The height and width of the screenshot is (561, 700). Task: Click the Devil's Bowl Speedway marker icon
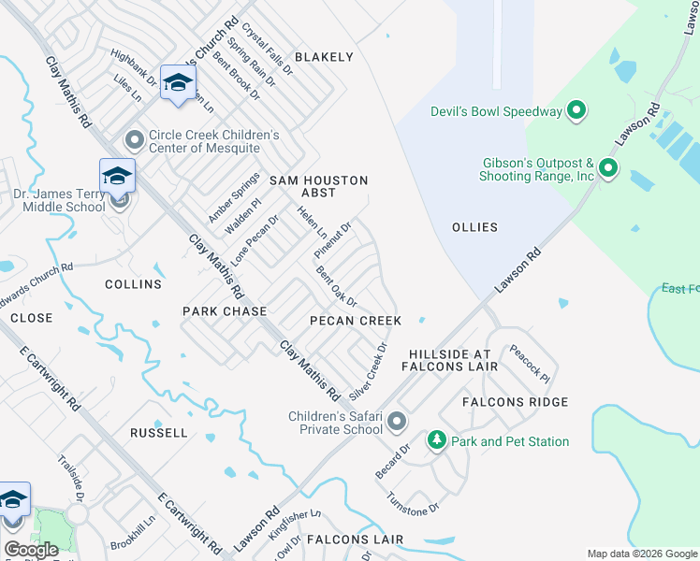pos(576,112)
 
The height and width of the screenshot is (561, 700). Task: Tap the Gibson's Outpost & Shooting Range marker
pos(607,169)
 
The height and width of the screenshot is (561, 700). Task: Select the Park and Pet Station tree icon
pos(436,440)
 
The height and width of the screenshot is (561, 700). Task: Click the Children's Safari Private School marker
pos(397,422)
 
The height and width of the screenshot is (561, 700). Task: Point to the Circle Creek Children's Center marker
pos(135,141)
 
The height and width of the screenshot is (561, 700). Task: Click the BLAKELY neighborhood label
pos(324,57)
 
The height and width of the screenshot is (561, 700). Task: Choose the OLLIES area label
pos(474,227)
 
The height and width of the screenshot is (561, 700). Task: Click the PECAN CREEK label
pos(356,321)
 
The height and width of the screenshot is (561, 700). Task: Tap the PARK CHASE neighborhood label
pos(225,311)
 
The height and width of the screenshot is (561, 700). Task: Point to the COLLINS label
pos(133,284)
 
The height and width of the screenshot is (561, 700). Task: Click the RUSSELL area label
pos(159,433)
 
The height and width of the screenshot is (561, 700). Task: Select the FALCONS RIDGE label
pos(515,402)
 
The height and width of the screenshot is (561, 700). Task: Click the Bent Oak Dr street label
pos(337,288)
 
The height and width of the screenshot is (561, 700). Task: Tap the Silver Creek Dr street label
pos(368,372)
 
